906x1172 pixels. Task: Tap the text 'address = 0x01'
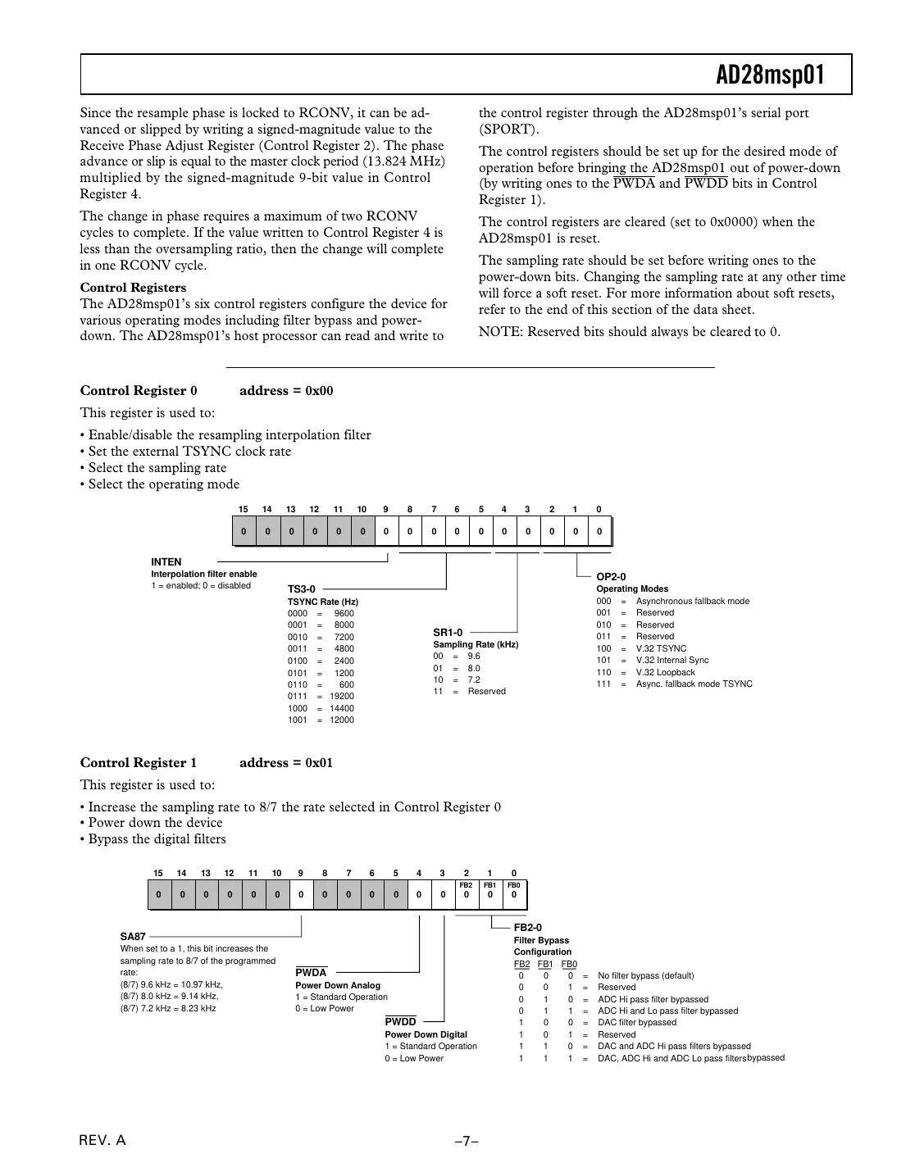(286, 763)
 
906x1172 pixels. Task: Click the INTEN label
(166, 562)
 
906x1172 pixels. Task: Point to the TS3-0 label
(301, 589)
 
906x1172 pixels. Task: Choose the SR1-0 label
(448, 633)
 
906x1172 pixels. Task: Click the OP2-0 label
(611, 577)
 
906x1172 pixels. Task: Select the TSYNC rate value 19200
(342, 697)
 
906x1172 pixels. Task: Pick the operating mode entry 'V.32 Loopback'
(665, 672)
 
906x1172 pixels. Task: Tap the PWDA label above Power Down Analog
(311, 973)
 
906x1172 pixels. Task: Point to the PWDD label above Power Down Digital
(401, 1022)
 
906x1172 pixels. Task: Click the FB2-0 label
(528, 928)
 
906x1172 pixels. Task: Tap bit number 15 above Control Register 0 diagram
(243, 510)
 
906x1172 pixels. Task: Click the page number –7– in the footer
(467, 1141)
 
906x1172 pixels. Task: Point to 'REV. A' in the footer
(102, 1141)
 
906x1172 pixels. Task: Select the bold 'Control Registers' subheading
(133, 288)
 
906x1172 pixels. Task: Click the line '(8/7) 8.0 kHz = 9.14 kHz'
(170, 997)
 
